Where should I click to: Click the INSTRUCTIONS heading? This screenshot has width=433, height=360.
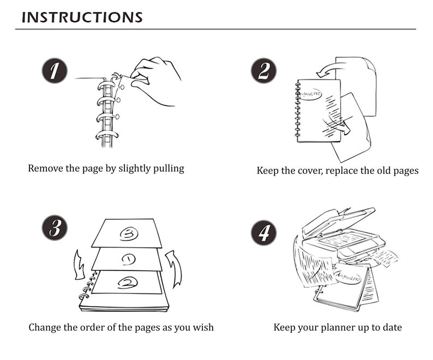(82, 17)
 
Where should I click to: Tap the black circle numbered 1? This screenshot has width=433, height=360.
(55, 70)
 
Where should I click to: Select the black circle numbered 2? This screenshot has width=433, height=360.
(263, 70)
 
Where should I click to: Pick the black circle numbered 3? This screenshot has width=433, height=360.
(55, 227)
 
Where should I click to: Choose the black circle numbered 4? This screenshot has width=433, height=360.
(263, 232)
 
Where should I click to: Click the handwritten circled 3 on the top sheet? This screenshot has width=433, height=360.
(129, 234)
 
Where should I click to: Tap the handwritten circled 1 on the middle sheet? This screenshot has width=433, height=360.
(128, 259)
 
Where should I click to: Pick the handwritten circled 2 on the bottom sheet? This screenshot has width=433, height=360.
(127, 283)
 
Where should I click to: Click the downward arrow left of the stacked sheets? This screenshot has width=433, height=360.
(79, 265)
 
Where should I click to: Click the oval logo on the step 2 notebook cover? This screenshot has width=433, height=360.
(311, 94)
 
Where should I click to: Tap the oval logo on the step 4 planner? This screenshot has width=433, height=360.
(348, 277)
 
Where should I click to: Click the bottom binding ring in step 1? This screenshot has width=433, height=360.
(107, 135)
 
